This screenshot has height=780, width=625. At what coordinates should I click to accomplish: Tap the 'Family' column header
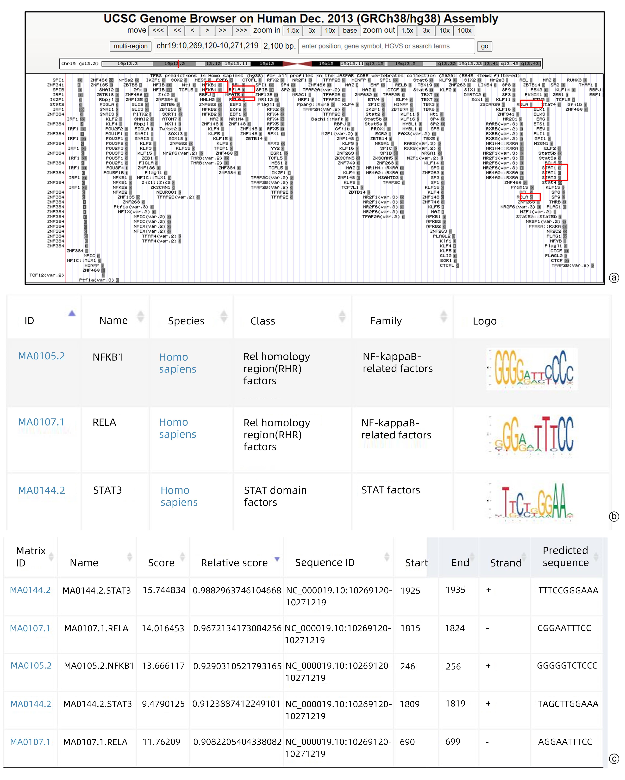click(386, 321)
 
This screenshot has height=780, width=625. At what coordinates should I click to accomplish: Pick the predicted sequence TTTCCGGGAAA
click(568, 590)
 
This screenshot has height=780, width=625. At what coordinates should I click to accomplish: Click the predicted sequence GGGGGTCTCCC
click(567, 666)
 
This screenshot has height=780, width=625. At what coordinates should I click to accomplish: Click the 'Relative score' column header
click(234, 563)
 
